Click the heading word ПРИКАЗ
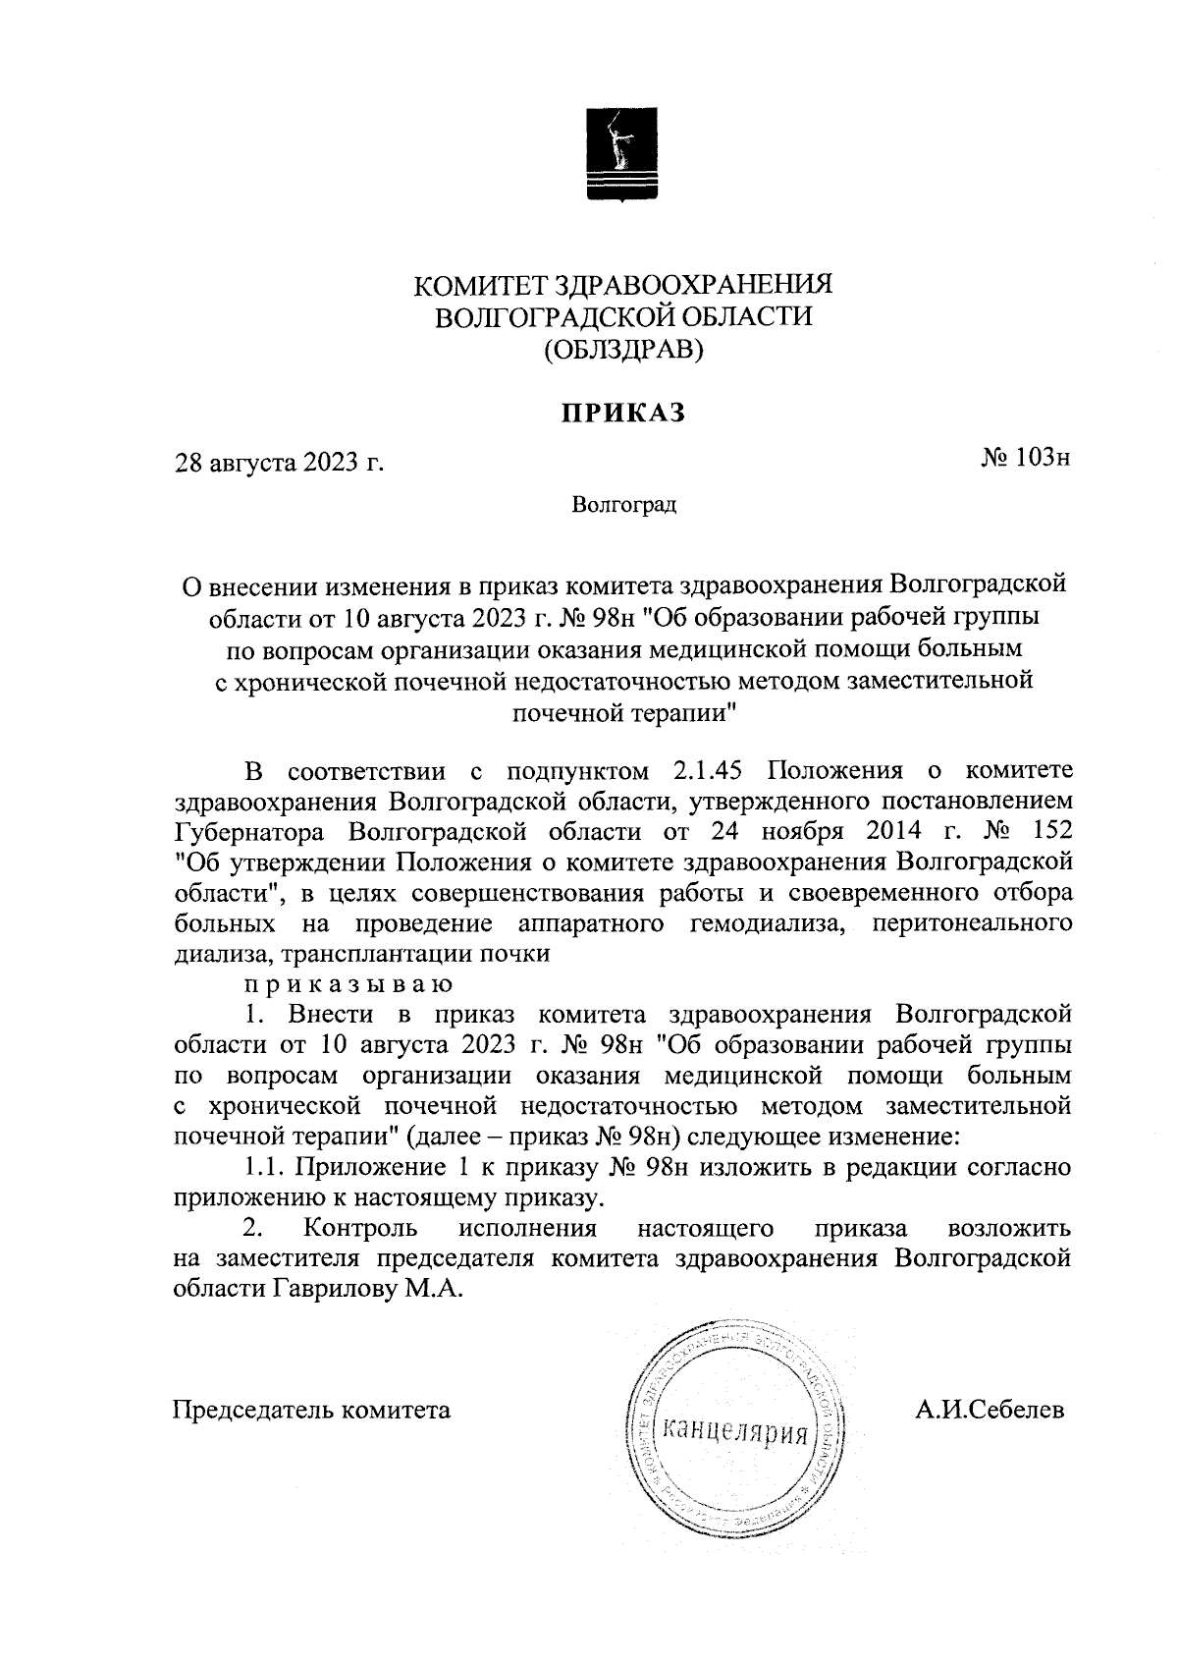pyautogui.click(x=622, y=414)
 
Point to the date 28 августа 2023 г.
pyautogui.click(x=278, y=462)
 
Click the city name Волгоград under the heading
pyautogui.click(x=624, y=506)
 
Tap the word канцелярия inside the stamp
pyautogui.click(x=735, y=1430)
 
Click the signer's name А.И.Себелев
pyautogui.click(x=989, y=1411)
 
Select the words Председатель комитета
pyautogui.click(x=312, y=1411)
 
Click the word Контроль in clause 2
pyautogui.click(x=361, y=1229)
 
